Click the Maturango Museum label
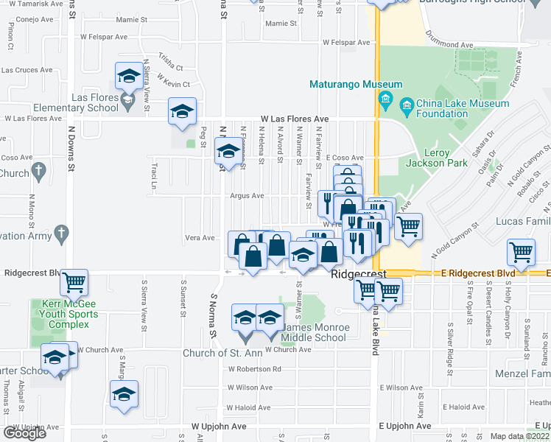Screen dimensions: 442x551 pyautogui.click(x=356, y=85)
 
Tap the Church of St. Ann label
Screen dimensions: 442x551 pyautogui.click(x=218, y=353)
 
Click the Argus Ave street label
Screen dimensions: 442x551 pyautogui.click(x=247, y=196)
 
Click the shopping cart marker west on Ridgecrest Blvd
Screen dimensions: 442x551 pyautogui.click(x=74, y=281)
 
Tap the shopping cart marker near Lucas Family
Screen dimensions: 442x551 pyautogui.click(x=521, y=253)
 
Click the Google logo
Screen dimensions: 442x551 pyautogui.click(x=24, y=432)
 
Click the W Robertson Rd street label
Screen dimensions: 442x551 pyautogui.click(x=255, y=369)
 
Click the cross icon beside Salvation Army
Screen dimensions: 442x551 pyautogui.click(x=62, y=234)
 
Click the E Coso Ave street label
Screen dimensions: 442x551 pyautogui.click(x=345, y=158)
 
